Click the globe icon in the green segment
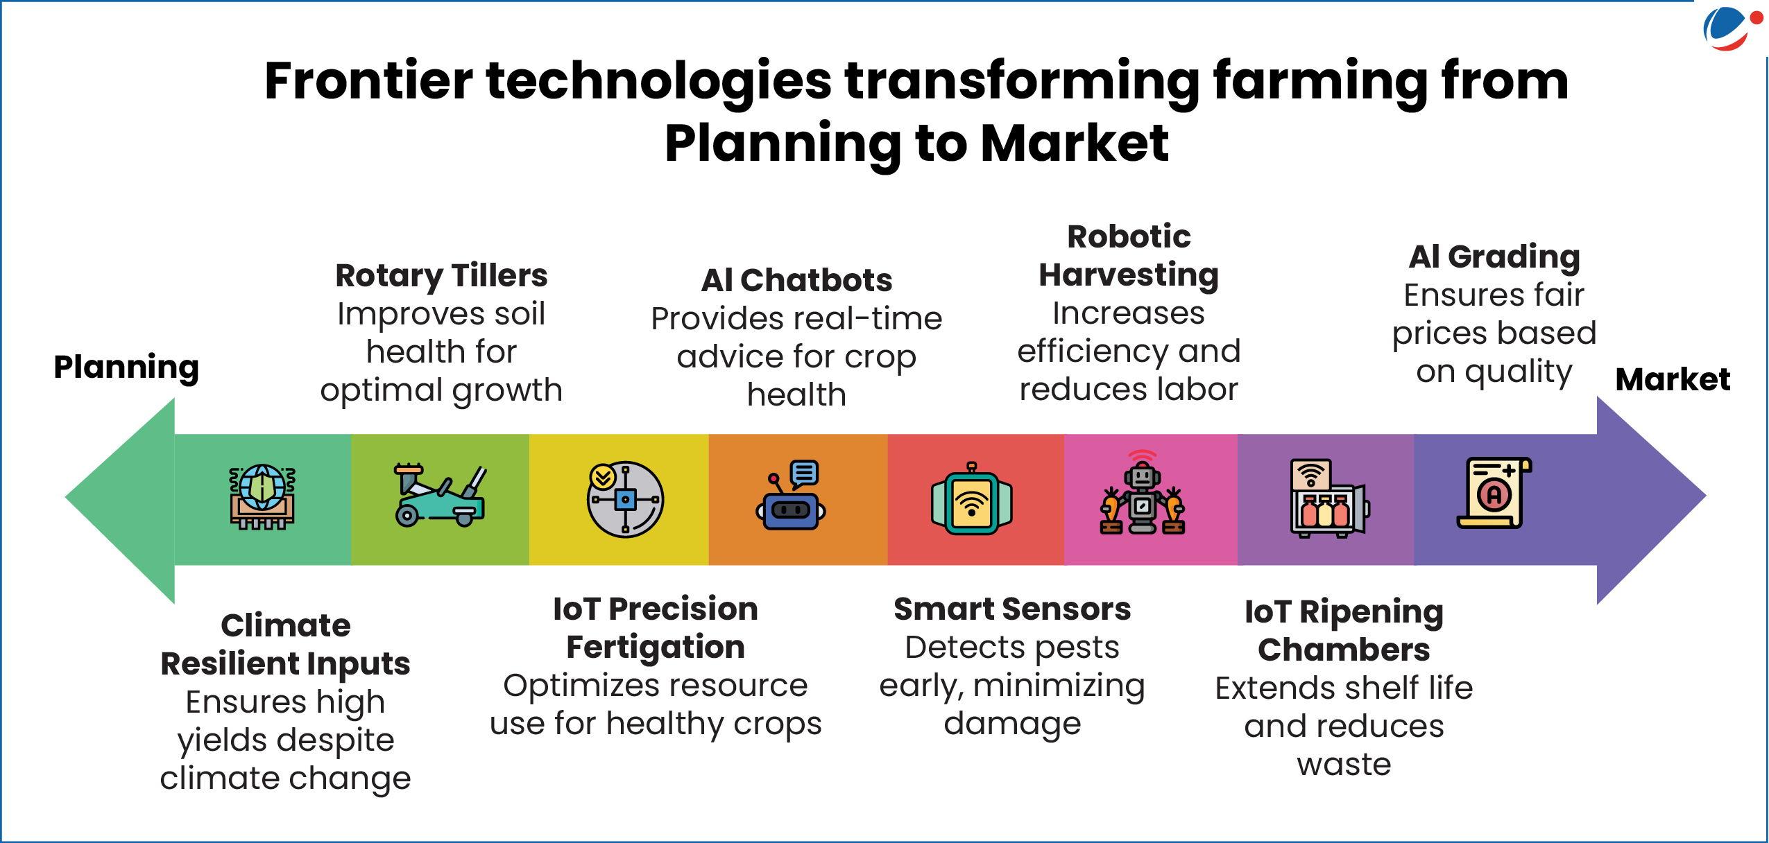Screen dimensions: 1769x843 tap(262, 496)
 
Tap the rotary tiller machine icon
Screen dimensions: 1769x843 tap(440, 496)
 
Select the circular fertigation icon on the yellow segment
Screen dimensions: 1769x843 tap(625, 499)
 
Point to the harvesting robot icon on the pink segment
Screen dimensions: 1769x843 tap(1143, 492)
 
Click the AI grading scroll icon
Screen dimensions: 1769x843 tap(1494, 493)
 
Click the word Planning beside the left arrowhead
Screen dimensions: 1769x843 tap(126, 367)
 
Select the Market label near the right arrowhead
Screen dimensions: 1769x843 tap(1673, 380)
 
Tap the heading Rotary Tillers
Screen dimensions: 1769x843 tap(441, 276)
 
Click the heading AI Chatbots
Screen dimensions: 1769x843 tap(796, 280)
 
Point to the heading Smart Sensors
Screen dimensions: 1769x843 tap(1012, 609)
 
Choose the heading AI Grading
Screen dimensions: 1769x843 tap(1494, 257)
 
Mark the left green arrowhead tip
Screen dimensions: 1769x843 tap(67, 496)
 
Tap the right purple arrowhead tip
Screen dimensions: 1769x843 tap(1704, 496)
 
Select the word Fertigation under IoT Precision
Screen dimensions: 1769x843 tap(656, 648)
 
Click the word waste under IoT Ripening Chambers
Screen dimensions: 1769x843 tap(1344, 765)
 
